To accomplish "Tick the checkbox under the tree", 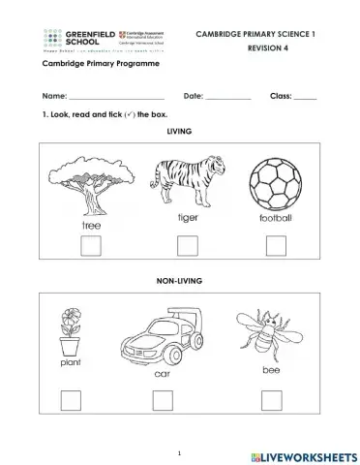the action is [90, 246].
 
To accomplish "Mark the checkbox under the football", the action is [276, 246].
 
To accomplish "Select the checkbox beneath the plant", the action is [71, 399].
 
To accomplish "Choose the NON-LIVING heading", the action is [180, 280].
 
